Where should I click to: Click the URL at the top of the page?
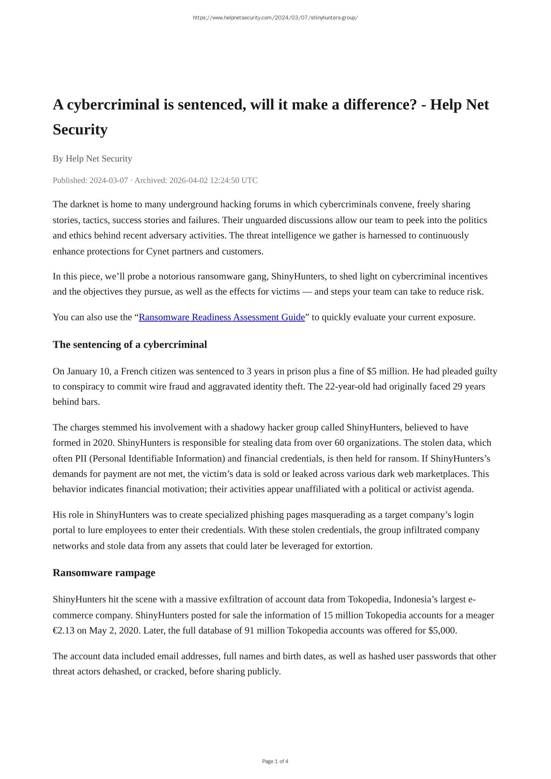[275, 18]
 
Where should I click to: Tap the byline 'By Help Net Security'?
[92, 159]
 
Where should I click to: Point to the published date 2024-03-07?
[108, 181]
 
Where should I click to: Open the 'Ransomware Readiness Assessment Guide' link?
[222, 317]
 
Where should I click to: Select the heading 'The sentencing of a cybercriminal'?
[130, 345]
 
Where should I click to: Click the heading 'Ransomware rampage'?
[104, 573]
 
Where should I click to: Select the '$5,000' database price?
[442, 631]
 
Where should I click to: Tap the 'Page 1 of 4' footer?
[275, 761]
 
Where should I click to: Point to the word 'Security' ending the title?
[80, 130]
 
